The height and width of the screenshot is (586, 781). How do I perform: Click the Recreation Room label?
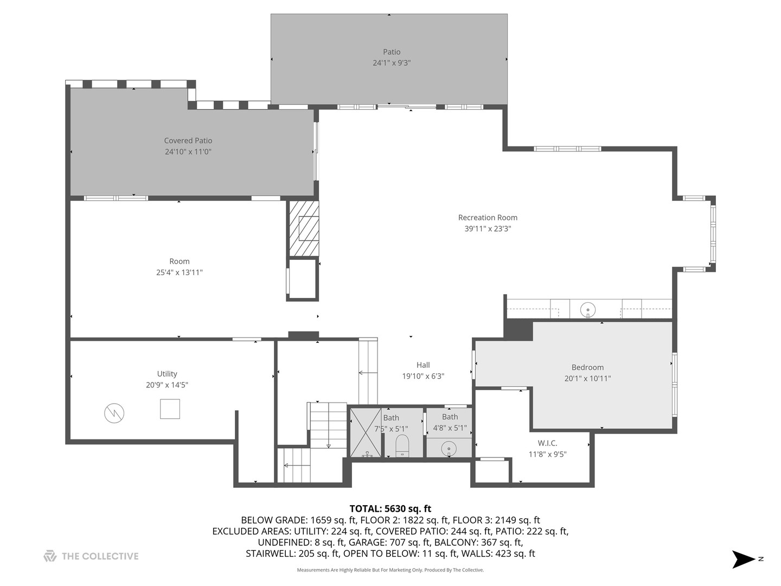488,218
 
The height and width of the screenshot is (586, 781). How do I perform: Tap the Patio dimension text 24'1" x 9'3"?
392,63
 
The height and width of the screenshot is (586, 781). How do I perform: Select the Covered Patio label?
188,141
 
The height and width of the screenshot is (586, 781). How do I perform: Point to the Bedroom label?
587,367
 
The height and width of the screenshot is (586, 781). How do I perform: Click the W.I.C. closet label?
547,443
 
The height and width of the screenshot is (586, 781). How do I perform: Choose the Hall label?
423,365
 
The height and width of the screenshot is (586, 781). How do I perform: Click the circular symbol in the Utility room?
114,413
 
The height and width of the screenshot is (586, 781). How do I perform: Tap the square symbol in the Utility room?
170,409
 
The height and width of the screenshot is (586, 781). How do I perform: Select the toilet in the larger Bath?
402,445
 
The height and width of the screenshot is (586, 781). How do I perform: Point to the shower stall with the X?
366,432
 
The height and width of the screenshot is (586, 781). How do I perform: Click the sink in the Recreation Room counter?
588,311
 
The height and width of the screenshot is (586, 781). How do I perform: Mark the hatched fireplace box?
304,228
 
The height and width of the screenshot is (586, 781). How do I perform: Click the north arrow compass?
744,559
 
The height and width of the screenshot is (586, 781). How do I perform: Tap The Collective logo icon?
50,556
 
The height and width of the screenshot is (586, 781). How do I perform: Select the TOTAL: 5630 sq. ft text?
390,509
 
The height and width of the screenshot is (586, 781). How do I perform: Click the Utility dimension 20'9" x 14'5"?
167,385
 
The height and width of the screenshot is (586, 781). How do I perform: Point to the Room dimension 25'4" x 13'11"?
180,272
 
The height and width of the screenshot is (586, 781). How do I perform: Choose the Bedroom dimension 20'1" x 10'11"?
587,379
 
